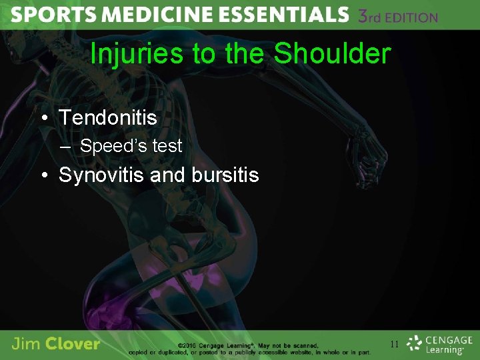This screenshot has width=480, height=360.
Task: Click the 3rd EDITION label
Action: coord(398,17)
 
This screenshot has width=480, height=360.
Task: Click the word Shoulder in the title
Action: coord(332,54)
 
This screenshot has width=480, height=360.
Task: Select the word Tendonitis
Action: coord(108,118)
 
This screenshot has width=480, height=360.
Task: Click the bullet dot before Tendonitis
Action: coord(43,119)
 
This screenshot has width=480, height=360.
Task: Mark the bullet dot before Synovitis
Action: coord(43,176)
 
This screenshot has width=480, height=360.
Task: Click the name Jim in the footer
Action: coord(25,344)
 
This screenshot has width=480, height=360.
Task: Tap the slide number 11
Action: coord(394,345)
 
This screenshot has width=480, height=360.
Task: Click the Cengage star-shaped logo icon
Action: coord(415,344)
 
